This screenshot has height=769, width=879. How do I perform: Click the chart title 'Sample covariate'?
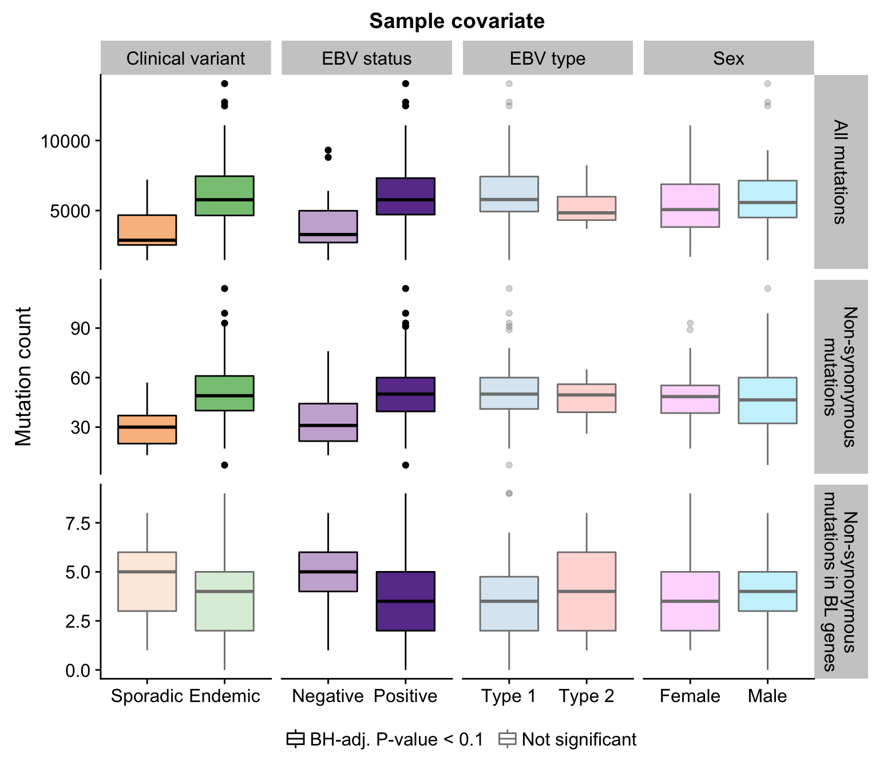click(457, 21)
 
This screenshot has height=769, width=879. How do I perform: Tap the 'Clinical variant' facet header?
click(185, 58)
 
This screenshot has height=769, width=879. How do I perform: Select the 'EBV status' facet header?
click(366, 58)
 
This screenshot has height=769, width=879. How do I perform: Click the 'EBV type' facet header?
click(547, 58)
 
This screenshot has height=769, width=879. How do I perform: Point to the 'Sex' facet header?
click(728, 58)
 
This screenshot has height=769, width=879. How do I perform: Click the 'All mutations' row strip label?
click(841, 172)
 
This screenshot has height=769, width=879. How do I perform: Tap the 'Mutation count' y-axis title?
click(23, 376)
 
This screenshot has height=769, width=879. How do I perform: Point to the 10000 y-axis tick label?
click(65, 141)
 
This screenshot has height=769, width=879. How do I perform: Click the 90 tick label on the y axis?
click(80, 328)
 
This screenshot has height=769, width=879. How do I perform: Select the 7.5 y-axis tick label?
click(78, 524)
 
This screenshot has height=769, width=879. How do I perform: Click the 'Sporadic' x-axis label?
click(148, 696)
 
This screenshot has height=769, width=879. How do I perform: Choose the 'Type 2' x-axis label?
click(587, 696)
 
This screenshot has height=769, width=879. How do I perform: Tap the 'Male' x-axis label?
click(767, 696)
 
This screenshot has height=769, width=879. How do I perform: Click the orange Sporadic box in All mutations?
click(148, 230)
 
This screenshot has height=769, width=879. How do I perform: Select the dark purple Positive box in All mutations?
click(406, 196)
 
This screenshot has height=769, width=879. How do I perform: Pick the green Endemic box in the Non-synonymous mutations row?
click(225, 393)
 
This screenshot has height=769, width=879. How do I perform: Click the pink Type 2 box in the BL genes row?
click(587, 591)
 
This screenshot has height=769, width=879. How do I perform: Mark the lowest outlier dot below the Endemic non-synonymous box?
click(225, 465)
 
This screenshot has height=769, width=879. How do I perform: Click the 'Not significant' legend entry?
click(568, 739)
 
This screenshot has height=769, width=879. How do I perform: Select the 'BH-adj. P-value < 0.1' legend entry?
click(385, 739)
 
